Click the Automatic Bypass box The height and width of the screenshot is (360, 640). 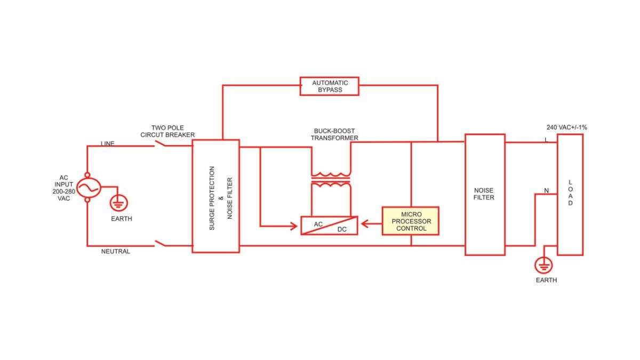(x=329, y=86)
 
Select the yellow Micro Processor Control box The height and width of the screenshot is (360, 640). (x=411, y=221)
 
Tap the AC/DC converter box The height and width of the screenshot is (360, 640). (x=329, y=226)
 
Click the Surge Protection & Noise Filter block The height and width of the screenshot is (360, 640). (x=215, y=196)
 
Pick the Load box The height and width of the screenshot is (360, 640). (x=570, y=195)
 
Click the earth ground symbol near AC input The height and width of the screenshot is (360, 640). (x=119, y=203)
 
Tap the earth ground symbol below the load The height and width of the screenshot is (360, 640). (x=544, y=264)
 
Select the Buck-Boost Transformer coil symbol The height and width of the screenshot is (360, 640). (x=331, y=180)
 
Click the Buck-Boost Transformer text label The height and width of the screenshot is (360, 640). (x=335, y=134)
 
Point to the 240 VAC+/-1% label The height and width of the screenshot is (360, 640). (x=566, y=127)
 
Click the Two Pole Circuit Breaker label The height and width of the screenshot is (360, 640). (x=167, y=131)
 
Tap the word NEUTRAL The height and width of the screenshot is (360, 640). (x=115, y=251)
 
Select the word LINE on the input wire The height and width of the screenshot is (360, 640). (x=108, y=143)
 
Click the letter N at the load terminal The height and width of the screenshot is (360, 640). (x=546, y=190)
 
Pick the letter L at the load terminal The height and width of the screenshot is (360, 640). (x=546, y=139)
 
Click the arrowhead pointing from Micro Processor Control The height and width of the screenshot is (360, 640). (x=365, y=225)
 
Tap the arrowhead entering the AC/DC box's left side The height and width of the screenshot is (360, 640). (x=294, y=226)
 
